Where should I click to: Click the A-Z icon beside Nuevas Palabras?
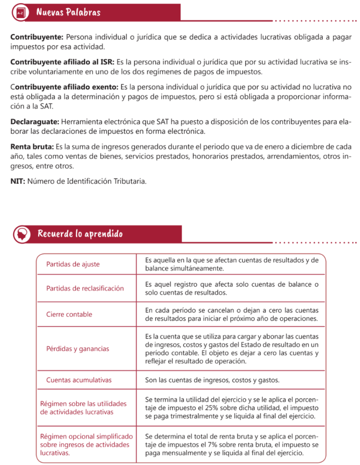20,13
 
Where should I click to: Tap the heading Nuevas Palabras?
68,12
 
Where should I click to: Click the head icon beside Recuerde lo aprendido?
21,234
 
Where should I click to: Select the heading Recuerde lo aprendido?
80,234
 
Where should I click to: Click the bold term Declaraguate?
35,122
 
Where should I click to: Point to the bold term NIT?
17,181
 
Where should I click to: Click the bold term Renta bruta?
32,147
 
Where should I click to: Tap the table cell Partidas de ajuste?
73,264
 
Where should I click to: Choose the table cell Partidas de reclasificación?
85,288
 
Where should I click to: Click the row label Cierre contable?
69,314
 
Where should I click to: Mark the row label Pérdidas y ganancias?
77,349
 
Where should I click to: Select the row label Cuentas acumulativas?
79,380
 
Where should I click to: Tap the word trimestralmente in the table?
195,416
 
